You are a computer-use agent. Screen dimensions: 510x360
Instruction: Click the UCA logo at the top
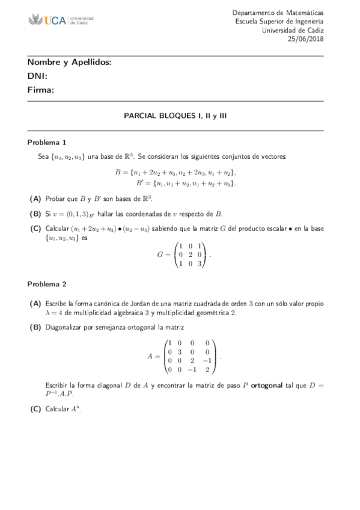pyautogui.click(x=61, y=21)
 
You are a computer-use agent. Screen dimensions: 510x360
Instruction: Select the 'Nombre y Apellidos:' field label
pyautogui.click(x=69, y=63)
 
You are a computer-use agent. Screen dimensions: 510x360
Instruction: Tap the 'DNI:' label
pyautogui.click(x=37, y=76)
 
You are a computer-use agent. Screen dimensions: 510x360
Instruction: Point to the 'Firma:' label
pyautogui.click(x=41, y=90)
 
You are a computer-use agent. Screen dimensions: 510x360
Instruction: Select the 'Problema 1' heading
pyautogui.click(x=47, y=143)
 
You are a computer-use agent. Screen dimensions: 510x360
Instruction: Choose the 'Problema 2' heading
pyautogui.click(x=47, y=283)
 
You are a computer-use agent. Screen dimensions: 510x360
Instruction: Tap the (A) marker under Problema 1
pyautogui.click(x=35, y=198)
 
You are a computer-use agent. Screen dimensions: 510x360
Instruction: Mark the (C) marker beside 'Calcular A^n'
pyautogui.click(x=35, y=409)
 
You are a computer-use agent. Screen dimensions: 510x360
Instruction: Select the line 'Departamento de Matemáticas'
pyautogui.click(x=278, y=13)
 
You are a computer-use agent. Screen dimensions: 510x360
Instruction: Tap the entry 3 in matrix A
pyautogui.click(x=180, y=351)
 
